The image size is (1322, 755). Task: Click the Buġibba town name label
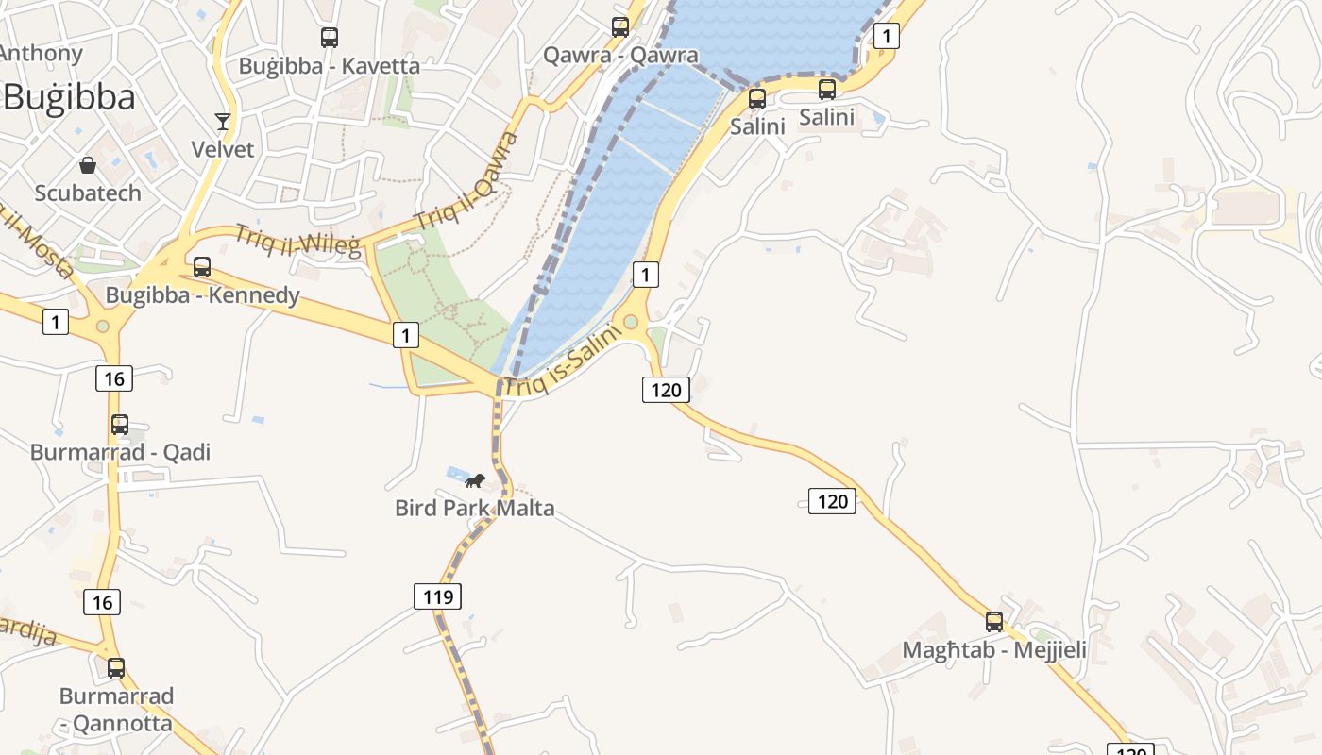70,97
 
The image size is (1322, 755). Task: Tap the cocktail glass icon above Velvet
223,122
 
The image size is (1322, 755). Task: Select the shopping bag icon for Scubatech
88,166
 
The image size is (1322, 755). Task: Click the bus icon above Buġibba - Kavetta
329,38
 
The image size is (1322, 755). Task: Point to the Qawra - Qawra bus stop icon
619,27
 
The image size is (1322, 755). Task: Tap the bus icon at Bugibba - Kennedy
201,267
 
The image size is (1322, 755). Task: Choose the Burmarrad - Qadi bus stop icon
120,425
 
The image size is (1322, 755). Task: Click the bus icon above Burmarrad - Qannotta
116,668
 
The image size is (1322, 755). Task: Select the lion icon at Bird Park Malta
474,481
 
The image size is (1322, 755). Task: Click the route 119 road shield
437,596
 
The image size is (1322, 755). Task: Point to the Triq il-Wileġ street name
297,241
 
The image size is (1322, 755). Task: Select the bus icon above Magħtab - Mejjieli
994,622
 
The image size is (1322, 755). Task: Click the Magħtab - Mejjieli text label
994,650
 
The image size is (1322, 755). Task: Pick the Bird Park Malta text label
474,509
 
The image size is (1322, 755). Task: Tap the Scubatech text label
88,193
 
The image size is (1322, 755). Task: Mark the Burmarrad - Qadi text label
120,452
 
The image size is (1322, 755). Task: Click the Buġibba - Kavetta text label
329,66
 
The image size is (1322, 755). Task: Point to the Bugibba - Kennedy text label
202,295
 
